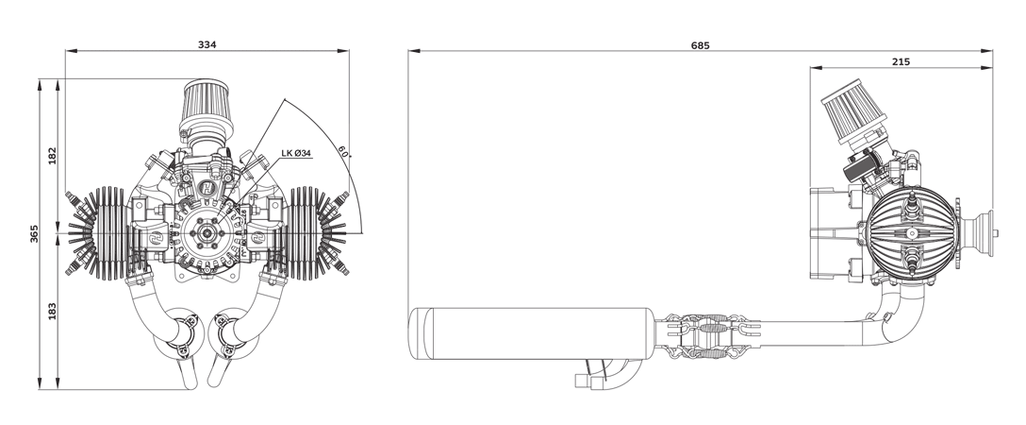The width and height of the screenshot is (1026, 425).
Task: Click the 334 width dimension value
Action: point(207,44)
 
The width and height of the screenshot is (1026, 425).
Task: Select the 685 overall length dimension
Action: point(700,45)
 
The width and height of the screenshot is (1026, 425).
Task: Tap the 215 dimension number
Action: point(901,62)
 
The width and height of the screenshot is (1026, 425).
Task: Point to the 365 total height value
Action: point(34,234)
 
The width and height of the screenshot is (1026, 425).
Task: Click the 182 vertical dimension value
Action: point(53,156)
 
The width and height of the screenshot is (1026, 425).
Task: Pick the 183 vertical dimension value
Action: point(53,311)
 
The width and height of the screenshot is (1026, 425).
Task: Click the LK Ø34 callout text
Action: point(296,153)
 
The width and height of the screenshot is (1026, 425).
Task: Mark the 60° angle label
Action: point(343,150)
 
